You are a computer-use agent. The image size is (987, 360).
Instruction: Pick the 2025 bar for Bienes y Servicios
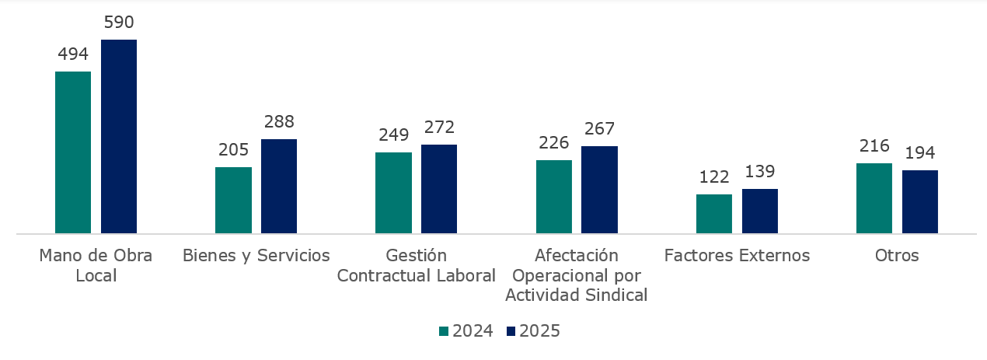pos(279,186)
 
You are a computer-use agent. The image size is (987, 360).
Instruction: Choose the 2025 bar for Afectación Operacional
pos(599,190)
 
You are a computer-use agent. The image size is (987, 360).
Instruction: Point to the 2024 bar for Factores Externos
pos(714,214)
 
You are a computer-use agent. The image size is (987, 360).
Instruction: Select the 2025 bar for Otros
pos(920,201)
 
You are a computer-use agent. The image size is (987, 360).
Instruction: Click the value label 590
pos(119,23)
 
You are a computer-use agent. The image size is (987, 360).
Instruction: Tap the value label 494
pos(73,54)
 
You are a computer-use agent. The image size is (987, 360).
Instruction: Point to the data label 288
pos(279,122)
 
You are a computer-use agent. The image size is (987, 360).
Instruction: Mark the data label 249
pos(393,135)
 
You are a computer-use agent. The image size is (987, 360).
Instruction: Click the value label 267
pos(599,129)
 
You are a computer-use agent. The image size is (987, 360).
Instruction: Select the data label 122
pos(714,177)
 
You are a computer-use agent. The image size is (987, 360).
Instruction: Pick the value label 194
pos(920,152)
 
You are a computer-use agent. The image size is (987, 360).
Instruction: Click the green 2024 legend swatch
pos(444,331)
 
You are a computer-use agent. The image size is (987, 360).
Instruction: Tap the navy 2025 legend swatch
pos(511,331)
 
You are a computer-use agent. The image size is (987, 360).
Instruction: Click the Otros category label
pos(897,256)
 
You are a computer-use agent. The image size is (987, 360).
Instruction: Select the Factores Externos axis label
pos(737,256)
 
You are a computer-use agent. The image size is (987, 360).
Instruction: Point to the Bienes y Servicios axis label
pos(256,256)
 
